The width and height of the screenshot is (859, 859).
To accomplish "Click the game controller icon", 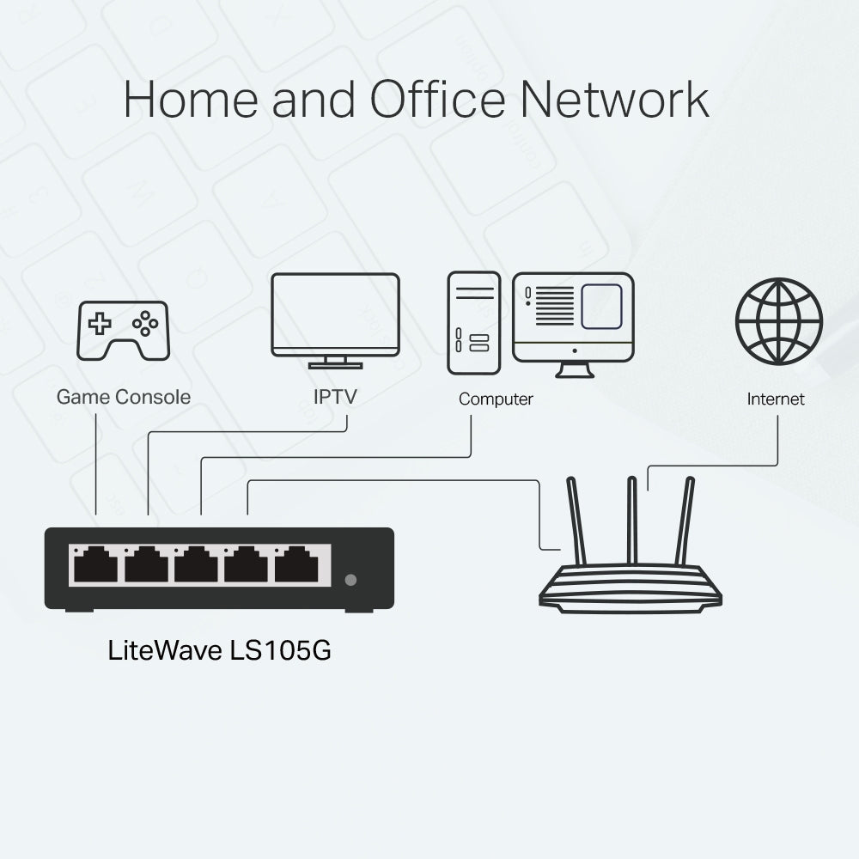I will click(x=123, y=330).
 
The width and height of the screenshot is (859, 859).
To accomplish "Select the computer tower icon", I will click(x=473, y=323).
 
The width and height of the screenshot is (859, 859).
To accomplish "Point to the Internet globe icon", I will click(x=778, y=321).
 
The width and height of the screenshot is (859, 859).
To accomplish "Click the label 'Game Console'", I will click(x=123, y=397).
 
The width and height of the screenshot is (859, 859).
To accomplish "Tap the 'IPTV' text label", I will click(x=335, y=397).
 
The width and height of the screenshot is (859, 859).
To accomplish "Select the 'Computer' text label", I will click(x=496, y=399).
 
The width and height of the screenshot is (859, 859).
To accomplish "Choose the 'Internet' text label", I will click(x=776, y=399).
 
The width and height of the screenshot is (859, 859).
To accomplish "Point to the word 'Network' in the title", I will click(x=615, y=101).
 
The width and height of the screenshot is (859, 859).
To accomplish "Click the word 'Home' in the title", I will click(x=192, y=101).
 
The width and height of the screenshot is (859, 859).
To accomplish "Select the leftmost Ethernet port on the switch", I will click(x=95, y=565).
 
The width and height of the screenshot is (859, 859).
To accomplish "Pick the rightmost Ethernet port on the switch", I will click(x=297, y=565).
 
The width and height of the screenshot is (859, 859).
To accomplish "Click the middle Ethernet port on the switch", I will click(x=196, y=565).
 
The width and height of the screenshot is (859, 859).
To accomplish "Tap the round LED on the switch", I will click(x=350, y=580).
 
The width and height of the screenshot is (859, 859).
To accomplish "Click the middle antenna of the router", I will click(x=632, y=520).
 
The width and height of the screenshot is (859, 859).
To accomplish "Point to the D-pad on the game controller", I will click(x=101, y=324).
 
